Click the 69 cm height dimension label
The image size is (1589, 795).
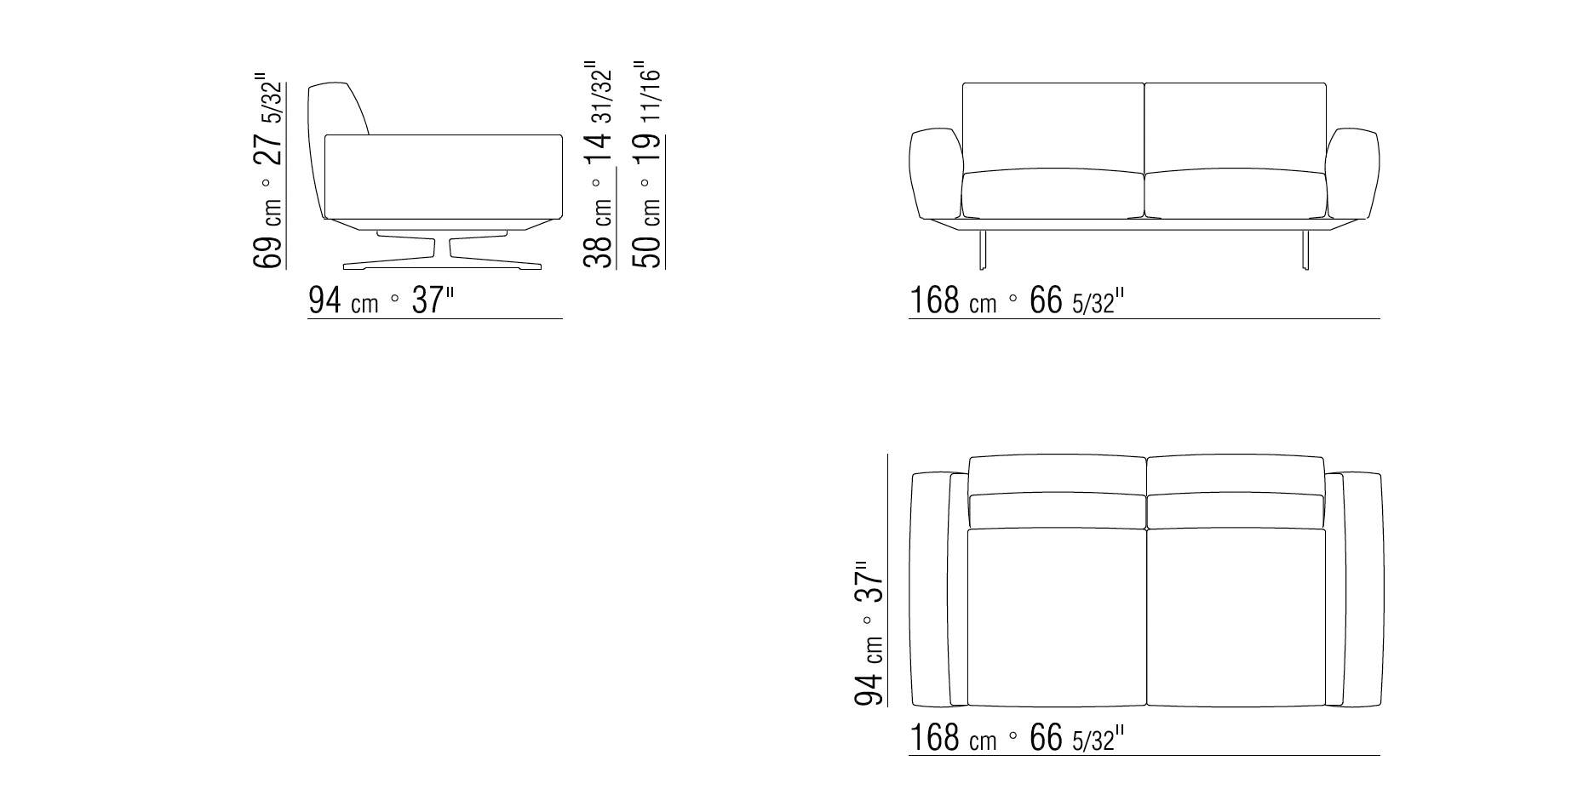click(x=269, y=169)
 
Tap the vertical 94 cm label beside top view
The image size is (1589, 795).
click(x=869, y=633)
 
